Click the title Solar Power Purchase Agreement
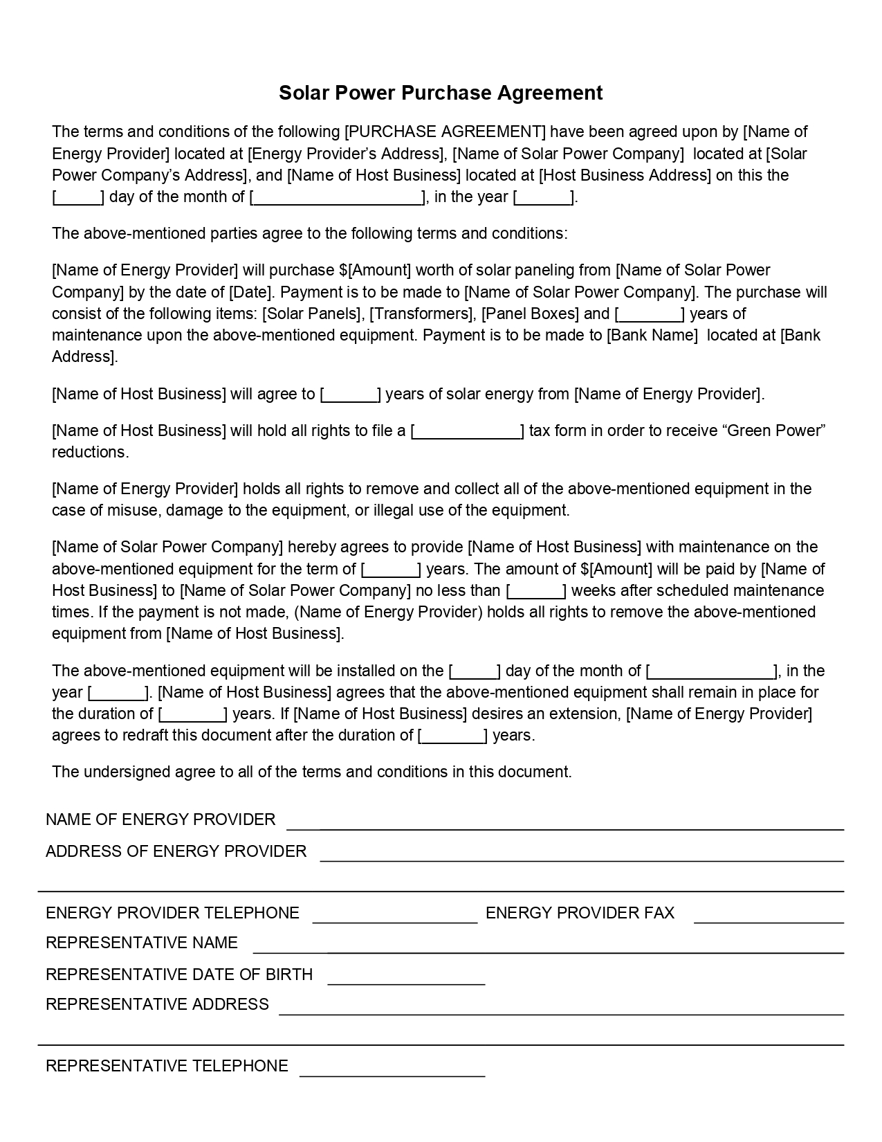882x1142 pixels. [441, 93]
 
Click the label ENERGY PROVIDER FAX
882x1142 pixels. [580, 913]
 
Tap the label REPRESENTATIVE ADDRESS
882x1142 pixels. [157, 1004]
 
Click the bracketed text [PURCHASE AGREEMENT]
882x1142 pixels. [445, 132]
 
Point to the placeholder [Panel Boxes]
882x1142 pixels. [530, 314]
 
